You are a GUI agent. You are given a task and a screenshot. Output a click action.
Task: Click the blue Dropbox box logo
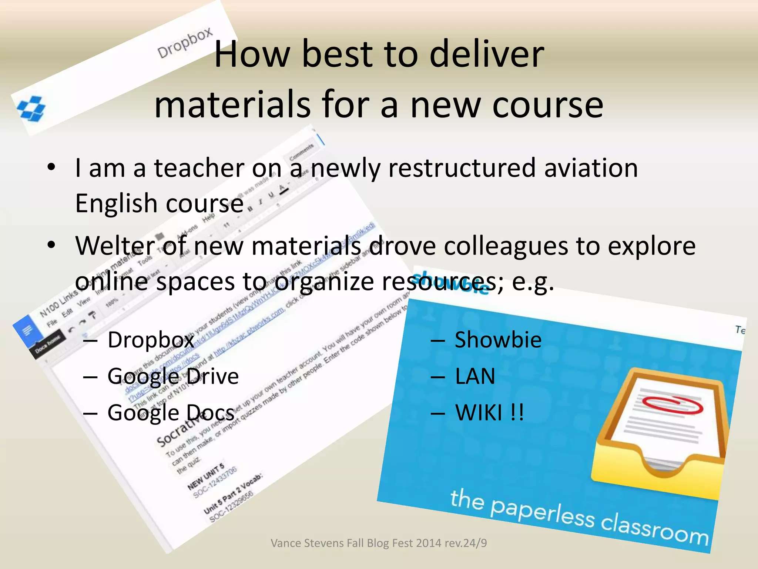click(31, 109)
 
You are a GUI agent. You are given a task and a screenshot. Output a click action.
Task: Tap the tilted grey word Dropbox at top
click(185, 43)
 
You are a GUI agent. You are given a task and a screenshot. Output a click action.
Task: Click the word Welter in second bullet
click(115, 246)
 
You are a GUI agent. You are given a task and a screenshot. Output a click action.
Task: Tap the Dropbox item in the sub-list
click(151, 340)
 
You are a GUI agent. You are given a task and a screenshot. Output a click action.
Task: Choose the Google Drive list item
click(173, 376)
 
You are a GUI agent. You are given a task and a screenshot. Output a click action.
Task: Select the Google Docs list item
click(171, 412)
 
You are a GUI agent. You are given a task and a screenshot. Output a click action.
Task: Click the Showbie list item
click(498, 340)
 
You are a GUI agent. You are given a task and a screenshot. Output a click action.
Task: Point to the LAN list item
click(475, 376)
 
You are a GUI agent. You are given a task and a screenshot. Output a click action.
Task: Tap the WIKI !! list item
click(489, 412)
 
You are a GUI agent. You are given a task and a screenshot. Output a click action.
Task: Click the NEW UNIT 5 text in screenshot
click(205, 476)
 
